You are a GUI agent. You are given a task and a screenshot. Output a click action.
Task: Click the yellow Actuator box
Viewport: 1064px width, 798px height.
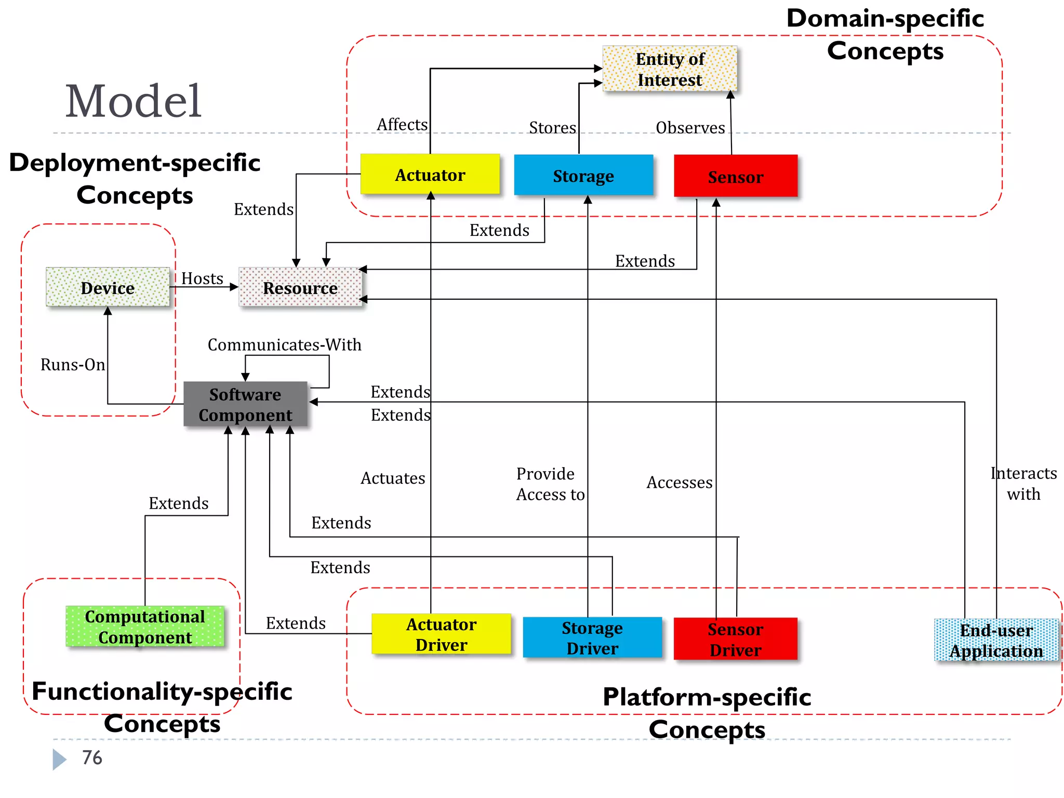430,175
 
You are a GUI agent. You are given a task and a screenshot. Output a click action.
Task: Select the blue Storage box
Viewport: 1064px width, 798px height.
583,176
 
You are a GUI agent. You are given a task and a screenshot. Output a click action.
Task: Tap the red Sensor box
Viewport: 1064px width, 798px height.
735,177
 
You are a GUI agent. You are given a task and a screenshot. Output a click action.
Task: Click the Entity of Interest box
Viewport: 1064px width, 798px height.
669,69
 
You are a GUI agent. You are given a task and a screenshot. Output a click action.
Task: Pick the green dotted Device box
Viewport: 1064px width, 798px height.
108,287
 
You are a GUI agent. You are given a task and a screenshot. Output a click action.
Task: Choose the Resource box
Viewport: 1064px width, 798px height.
300,287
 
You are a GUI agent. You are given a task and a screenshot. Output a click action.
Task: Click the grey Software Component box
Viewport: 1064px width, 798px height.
245,404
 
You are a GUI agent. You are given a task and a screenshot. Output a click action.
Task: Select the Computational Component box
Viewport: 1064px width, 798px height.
145,627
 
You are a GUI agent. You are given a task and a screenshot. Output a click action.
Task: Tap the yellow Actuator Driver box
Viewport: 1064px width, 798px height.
441,634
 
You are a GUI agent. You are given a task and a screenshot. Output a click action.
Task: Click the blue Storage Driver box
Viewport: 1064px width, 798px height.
592,637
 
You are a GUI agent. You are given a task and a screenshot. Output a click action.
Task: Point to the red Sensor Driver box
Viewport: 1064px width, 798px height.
735,639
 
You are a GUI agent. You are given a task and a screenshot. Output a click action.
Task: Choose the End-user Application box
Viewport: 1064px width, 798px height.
996,640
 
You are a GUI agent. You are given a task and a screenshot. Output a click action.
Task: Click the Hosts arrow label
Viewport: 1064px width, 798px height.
202,278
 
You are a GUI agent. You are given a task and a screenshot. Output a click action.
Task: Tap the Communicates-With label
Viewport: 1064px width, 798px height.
284,344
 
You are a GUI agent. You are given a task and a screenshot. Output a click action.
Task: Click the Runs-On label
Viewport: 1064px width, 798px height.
73,365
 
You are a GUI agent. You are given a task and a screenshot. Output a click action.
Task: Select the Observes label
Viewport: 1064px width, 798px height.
690,128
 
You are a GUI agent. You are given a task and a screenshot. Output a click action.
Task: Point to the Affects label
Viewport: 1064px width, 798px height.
402,125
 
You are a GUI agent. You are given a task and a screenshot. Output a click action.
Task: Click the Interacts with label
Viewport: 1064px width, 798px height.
1023,483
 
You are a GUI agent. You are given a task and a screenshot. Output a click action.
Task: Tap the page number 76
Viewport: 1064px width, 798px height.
92,757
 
